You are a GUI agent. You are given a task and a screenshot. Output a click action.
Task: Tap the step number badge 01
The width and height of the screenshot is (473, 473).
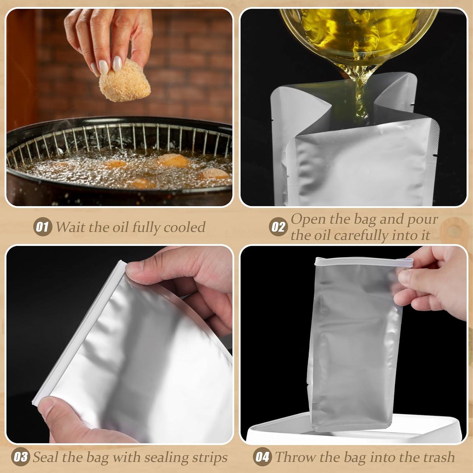[x=42, y=227]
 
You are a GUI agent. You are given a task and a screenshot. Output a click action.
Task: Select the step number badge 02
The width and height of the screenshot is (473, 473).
[x=278, y=227]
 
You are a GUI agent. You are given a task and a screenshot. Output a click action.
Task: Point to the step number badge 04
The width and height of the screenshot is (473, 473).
[x=262, y=457]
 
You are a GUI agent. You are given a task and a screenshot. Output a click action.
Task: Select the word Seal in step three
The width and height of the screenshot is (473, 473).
[x=45, y=457]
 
